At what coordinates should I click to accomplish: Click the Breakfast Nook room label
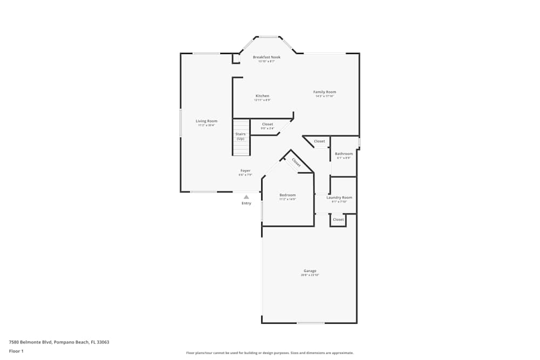(267, 57)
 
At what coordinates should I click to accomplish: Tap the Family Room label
(325, 92)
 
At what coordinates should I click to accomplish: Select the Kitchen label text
(262, 96)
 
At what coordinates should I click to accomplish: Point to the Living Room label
(206, 121)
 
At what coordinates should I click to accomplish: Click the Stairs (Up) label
(240, 136)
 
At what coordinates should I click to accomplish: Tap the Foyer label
(245, 171)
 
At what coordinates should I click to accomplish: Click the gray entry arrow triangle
(246, 197)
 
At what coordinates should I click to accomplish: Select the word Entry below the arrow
(246, 203)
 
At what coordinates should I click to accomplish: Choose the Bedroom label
(287, 195)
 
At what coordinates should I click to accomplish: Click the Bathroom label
(343, 154)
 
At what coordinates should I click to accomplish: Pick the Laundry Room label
(339, 198)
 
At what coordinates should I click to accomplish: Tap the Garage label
(310, 271)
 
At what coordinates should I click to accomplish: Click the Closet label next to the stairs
(267, 124)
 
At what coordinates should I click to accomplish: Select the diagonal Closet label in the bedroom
(296, 162)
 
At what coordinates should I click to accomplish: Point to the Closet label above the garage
(338, 220)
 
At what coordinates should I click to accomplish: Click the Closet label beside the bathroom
(320, 141)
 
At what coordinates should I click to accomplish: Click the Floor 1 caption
(16, 351)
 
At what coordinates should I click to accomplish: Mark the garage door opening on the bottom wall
(310, 323)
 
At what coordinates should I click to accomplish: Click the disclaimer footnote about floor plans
(270, 353)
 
